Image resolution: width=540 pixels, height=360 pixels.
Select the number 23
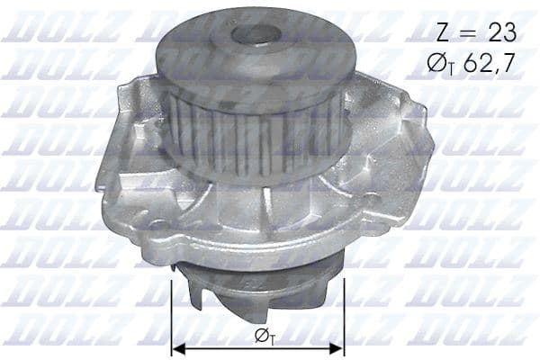click(499, 33)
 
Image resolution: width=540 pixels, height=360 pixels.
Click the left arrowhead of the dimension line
click(176, 348)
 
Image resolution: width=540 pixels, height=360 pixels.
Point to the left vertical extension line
click(171, 315)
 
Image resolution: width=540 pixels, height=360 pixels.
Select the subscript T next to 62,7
click(455, 69)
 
